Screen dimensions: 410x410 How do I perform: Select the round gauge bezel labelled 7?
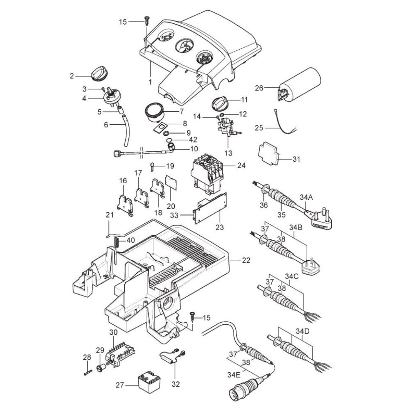pyautogui.click(x=155, y=112)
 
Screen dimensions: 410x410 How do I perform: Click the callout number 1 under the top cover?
pyautogui.click(x=150, y=82)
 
